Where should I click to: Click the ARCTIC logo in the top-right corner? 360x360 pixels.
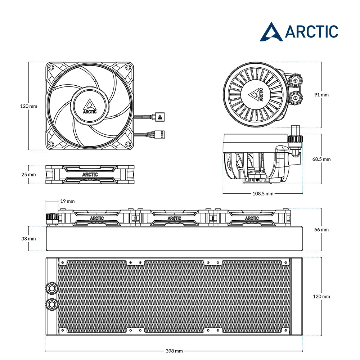pos(299,32)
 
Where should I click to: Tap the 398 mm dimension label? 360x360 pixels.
pos(174,351)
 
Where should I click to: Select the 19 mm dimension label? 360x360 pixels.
pos(68,201)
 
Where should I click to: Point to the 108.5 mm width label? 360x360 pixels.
pos(263,194)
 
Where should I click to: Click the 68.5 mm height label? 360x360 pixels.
pos(321,159)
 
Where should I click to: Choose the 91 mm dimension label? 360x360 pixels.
pos(321,95)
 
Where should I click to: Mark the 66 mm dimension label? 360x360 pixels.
pos(321,230)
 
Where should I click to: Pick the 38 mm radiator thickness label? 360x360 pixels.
pos(28,239)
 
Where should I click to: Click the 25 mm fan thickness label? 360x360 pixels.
pos(28,175)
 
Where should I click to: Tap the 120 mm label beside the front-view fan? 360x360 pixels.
pos(28,106)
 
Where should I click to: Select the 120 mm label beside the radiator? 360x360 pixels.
pos(321,296)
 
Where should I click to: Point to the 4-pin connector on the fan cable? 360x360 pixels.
pos(161,135)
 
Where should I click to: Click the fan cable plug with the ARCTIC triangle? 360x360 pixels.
pos(160,117)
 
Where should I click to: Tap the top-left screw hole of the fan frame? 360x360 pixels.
pos(51,68)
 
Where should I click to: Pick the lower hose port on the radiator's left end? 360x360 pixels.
pos(51,304)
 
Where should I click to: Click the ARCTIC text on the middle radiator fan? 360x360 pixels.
pos(175,218)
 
